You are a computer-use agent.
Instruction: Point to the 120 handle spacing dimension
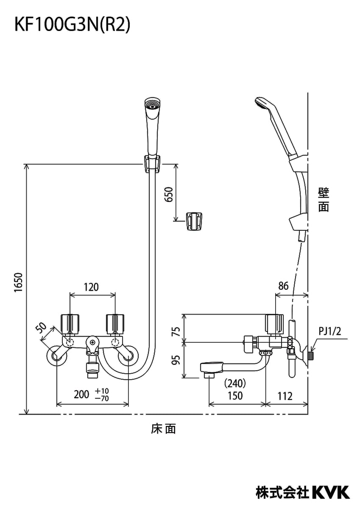pos(91,287)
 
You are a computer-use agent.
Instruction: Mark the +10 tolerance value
pos(102,391)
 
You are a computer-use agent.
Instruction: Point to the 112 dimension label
pos(285,396)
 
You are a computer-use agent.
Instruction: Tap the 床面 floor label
pos(163,429)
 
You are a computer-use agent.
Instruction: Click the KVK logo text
pos(331,492)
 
